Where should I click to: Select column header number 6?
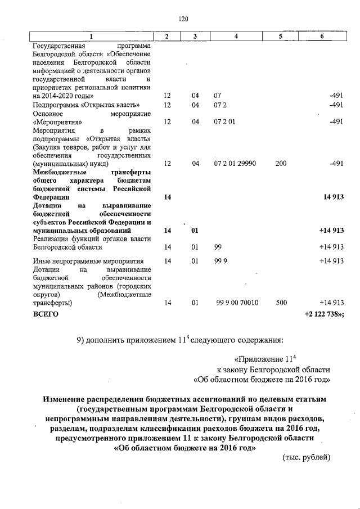point(321,36)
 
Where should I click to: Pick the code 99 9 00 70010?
point(237,303)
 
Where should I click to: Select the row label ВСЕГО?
point(46,314)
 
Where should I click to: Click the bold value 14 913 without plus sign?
point(332,197)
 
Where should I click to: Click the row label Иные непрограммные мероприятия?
point(88,260)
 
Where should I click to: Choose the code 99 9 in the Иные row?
point(221,260)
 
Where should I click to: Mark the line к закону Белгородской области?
point(273,369)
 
